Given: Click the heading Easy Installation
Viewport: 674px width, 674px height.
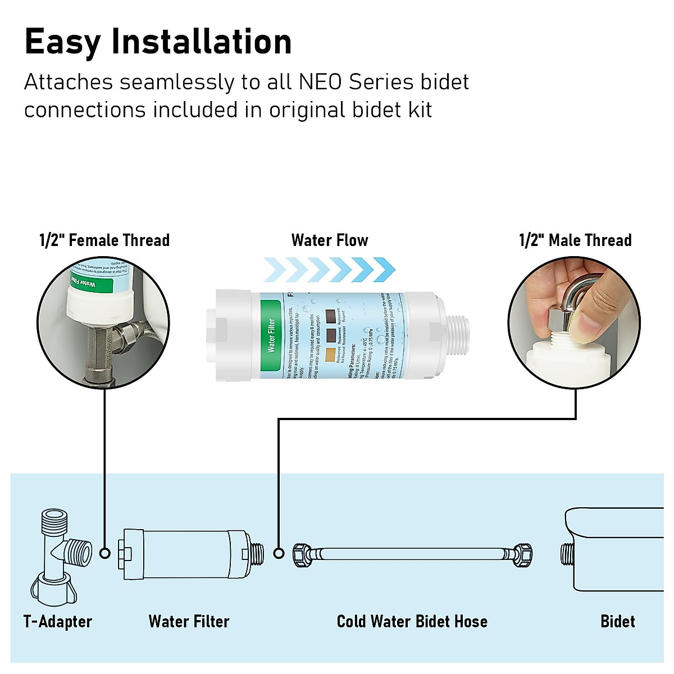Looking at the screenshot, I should [158, 42].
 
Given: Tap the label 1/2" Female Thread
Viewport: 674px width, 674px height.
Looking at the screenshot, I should [104, 240].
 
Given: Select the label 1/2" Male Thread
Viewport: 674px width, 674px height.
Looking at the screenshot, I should [575, 240].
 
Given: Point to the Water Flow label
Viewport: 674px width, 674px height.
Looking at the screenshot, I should [330, 240].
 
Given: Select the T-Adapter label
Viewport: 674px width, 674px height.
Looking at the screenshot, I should [58, 621].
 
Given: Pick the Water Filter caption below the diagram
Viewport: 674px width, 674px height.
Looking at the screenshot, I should [189, 621].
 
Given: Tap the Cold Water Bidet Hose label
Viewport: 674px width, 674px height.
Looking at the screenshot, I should [412, 621].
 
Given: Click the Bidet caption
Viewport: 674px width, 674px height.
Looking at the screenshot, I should [617, 621].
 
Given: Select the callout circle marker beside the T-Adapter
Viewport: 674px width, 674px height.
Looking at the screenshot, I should [104, 553].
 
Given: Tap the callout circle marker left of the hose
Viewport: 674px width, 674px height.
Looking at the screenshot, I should [279, 553].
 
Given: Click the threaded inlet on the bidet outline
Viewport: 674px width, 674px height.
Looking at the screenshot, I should [567, 554].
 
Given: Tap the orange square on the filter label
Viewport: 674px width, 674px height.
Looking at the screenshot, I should [331, 354].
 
